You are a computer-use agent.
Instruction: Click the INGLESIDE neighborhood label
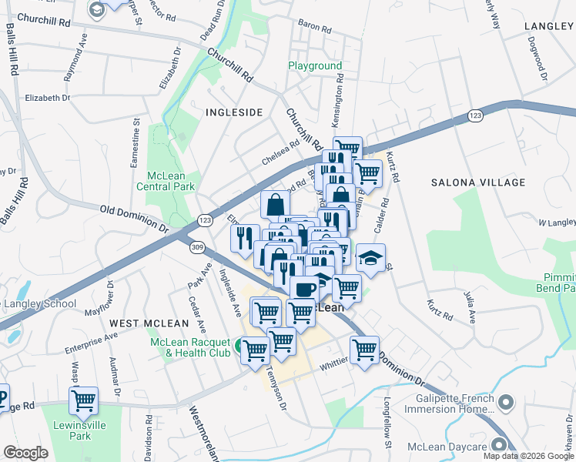click(234, 112)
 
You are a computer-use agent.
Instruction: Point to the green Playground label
click(315, 66)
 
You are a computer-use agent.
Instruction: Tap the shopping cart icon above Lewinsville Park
click(83, 400)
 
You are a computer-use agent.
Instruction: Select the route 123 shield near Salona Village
click(475, 115)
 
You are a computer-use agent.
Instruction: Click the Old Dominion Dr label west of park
click(133, 218)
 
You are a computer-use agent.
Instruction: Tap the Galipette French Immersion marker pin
click(506, 402)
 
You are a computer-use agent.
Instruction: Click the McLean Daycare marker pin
click(498, 444)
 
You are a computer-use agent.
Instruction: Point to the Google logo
click(25, 453)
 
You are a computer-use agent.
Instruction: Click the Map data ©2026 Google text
click(527, 456)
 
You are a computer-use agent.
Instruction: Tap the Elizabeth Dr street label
click(47, 98)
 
